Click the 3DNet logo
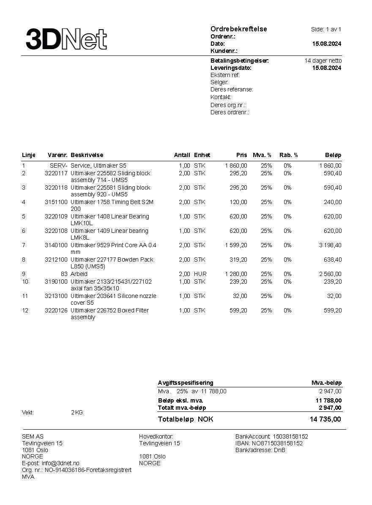(66, 39)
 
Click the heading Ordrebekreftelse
(238, 29)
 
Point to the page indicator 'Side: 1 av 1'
(326, 29)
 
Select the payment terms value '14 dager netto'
(323, 61)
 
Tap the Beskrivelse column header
(87, 155)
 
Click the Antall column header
(182, 155)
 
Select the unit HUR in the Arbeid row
(200, 274)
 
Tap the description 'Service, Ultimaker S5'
(98, 166)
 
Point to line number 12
(25, 310)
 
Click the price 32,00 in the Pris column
(240, 296)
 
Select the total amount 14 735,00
(325, 419)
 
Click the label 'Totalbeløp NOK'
(186, 419)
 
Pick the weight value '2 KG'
(77, 412)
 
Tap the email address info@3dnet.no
(60, 463)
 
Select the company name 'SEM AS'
(33, 436)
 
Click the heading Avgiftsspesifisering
(186, 383)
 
